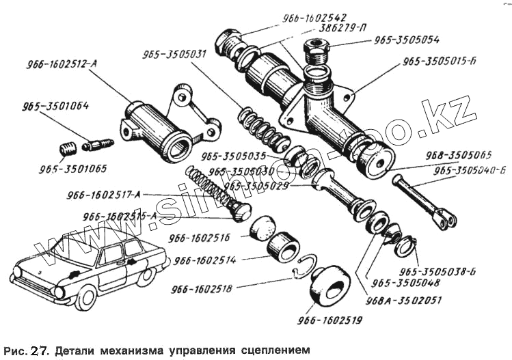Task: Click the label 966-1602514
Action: (x=205, y=260)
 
